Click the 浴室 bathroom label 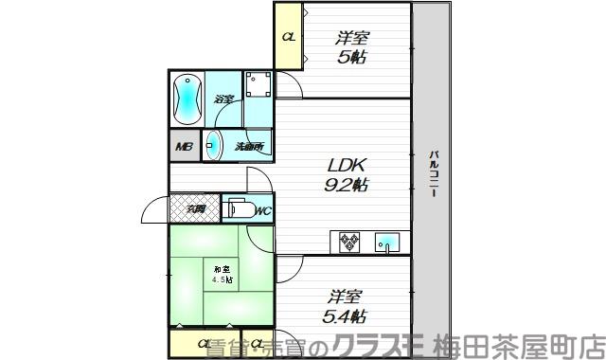click(223, 98)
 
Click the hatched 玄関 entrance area click(195, 208)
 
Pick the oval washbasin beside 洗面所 click(214, 146)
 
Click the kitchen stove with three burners click(348, 243)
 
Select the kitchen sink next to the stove click(388, 243)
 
